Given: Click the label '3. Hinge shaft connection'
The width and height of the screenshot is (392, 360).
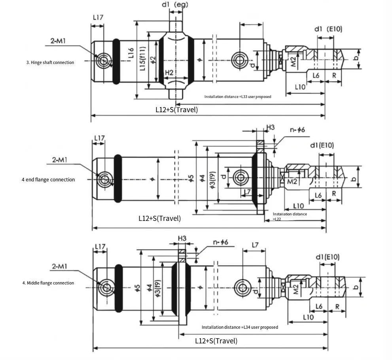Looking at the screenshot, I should (x=50, y=62).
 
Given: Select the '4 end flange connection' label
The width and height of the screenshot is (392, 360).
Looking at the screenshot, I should (x=48, y=179).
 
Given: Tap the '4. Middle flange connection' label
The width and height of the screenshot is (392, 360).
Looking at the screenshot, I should (x=48, y=283).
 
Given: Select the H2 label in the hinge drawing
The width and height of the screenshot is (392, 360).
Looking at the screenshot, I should (x=169, y=73).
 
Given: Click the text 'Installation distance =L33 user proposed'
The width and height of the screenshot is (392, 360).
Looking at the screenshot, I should (x=238, y=96).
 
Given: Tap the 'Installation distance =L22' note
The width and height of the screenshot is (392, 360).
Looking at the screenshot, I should (x=290, y=216).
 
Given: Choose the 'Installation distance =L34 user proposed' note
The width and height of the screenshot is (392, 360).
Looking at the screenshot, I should (x=240, y=327).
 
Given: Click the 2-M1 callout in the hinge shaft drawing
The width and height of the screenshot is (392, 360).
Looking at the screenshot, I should (x=58, y=41).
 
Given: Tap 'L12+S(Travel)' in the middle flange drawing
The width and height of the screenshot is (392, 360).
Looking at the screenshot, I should (x=216, y=341).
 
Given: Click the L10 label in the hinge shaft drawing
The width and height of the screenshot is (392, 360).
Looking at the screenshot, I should (x=300, y=87).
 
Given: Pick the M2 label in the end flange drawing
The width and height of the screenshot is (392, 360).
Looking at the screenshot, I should (x=292, y=181).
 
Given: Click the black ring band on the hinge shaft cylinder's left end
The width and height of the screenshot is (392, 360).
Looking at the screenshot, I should (x=116, y=61).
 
